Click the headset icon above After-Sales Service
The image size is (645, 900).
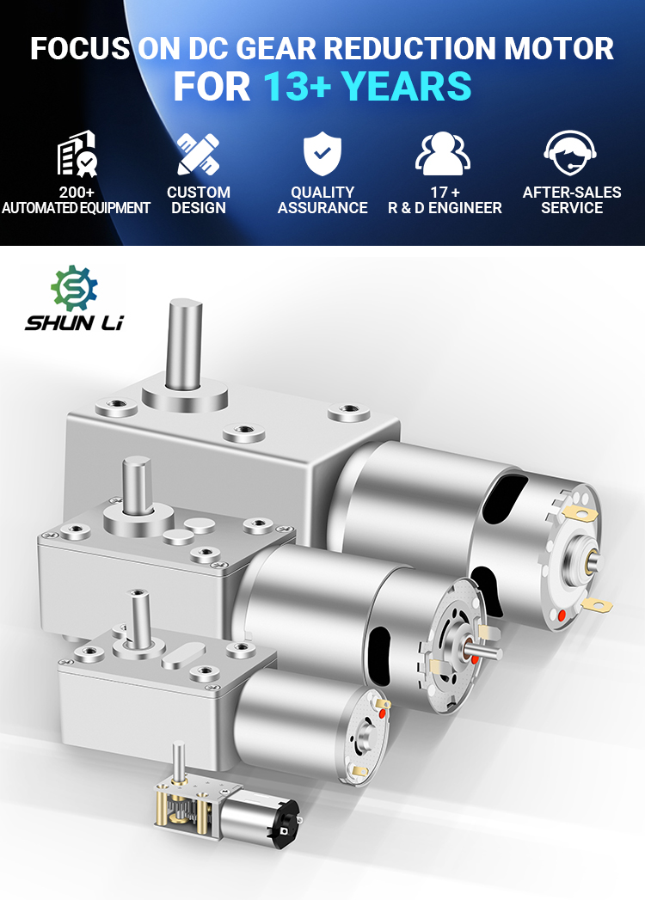point(570,153)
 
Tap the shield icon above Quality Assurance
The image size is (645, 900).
point(322,153)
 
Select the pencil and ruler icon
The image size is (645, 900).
point(198,154)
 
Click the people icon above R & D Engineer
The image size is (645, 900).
point(443,153)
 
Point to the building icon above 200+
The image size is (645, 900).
point(77,153)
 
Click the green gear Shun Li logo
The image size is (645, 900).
point(74,288)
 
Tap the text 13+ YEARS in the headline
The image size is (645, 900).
point(367,87)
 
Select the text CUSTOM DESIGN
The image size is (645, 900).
point(199,199)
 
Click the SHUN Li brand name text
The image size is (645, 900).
point(74,323)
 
